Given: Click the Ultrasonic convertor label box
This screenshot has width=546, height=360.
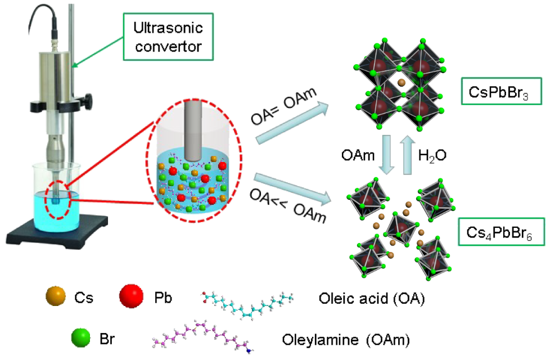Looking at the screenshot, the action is (168, 37).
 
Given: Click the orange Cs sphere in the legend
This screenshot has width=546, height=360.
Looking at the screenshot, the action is (56, 296).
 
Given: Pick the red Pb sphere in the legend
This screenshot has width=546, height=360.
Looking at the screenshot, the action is (131, 296).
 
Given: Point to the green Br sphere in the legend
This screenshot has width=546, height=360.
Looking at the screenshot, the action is (81, 337).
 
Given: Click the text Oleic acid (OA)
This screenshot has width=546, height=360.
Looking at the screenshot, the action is (372, 298).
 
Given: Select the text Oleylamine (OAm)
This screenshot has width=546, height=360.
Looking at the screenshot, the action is (346, 339).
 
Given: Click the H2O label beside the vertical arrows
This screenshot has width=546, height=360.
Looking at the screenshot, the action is (432, 156).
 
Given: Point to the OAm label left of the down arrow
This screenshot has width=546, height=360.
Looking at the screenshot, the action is (358, 155).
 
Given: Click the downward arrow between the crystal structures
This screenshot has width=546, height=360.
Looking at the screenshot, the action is (386, 154).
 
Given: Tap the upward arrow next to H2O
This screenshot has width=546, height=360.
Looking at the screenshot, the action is (408, 154).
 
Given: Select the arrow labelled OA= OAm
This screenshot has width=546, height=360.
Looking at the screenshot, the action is (292, 123).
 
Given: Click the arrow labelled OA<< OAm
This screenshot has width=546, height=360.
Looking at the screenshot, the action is (292, 188).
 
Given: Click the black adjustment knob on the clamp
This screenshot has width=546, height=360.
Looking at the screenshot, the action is (88, 100).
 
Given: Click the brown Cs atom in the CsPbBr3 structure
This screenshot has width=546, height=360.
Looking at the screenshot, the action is (401, 83).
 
